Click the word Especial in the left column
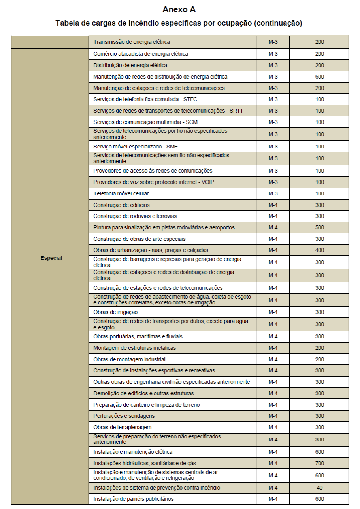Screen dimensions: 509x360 click(x=51, y=258)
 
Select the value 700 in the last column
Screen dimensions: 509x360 click(x=319, y=463)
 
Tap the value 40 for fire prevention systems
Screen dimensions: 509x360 click(x=319, y=488)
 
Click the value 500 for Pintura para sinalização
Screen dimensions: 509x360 click(x=319, y=227)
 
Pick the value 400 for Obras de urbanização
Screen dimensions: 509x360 click(x=319, y=250)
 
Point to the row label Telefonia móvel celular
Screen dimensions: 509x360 click(x=121, y=193)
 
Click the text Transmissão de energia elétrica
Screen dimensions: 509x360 click(x=132, y=41)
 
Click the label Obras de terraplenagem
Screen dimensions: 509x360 click(x=122, y=427)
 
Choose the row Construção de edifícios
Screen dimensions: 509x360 click(x=121, y=205)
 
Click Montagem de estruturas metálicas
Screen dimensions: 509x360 click(x=134, y=348)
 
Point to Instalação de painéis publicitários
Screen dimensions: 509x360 click(x=133, y=499)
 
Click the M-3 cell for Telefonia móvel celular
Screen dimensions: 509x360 click(x=273, y=193)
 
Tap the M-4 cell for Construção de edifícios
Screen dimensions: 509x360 click(x=273, y=205)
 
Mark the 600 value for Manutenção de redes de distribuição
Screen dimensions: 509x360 click(x=319, y=77)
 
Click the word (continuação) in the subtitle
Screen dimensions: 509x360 click(x=278, y=23)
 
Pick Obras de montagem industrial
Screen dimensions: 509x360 click(x=129, y=359)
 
